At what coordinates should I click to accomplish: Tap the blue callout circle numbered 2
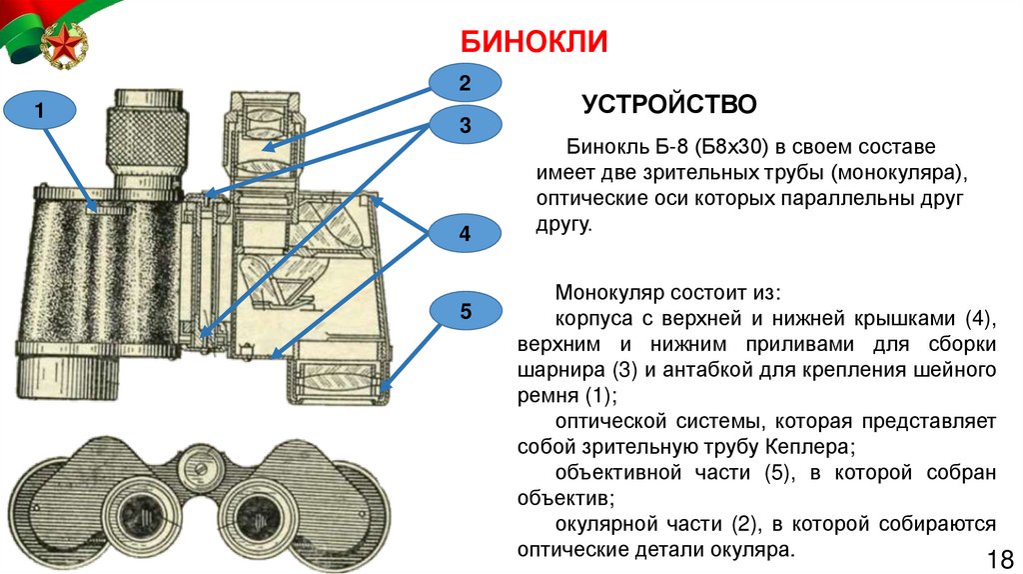(464, 82)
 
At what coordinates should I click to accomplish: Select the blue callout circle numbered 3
(464, 126)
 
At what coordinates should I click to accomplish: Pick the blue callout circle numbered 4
(464, 234)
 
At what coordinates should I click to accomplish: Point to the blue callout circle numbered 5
(465, 312)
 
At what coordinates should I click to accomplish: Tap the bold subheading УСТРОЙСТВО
(656, 103)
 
